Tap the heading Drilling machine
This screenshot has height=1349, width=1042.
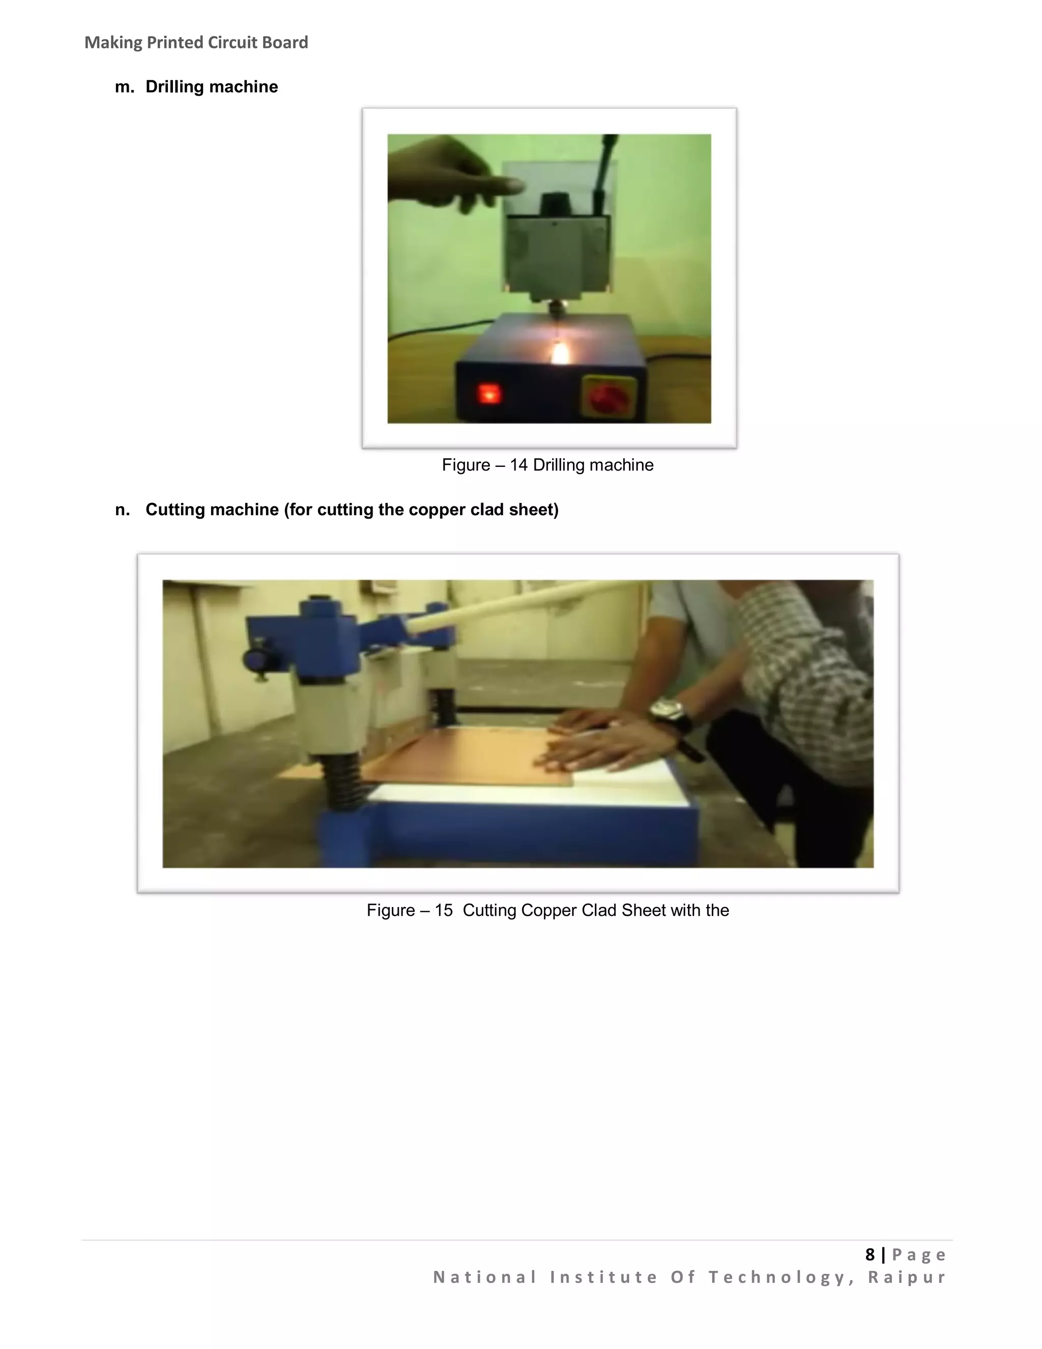[x=211, y=87]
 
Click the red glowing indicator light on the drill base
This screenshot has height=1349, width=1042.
[x=489, y=393]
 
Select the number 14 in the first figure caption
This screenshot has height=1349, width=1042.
[x=518, y=465]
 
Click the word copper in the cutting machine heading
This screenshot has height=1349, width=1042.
[x=437, y=510]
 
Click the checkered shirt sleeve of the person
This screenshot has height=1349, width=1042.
[x=802, y=680]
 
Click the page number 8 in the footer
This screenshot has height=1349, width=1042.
[x=870, y=1254]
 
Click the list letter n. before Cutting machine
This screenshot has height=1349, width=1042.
[x=122, y=510]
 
